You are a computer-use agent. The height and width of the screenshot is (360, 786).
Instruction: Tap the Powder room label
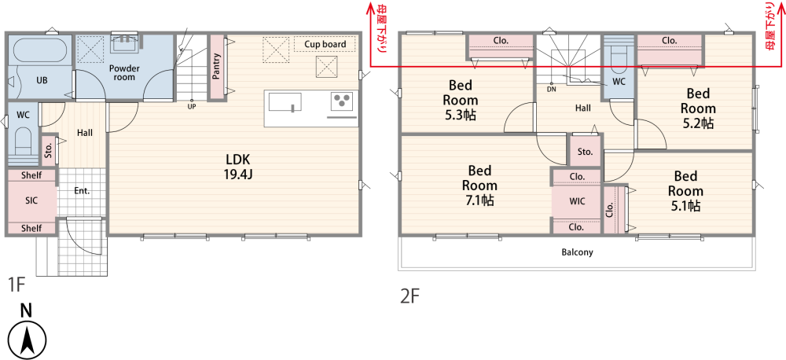point(124,72)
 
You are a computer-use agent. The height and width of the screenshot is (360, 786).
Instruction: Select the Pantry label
point(217,67)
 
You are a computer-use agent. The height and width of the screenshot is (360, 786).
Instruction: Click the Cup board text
point(325,44)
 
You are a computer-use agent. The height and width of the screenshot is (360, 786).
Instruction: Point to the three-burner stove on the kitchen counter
point(343,101)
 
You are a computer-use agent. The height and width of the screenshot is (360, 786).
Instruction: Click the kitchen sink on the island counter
point(285,101)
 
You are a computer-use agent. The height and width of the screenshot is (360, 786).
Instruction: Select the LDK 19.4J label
point(237,167)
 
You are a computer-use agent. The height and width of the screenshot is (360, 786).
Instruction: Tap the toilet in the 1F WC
point(24,141)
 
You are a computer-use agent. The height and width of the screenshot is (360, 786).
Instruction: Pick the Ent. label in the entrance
point(83,190)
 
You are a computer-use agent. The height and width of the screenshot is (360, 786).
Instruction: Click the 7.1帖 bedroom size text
point(479,200)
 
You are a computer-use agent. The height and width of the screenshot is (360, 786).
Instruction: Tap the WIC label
point(576,200)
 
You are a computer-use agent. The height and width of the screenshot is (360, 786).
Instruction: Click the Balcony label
point(577,252)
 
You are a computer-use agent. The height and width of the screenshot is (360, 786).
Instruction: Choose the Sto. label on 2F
point(585,152)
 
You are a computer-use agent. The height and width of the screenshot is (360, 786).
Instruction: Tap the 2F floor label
point(410,297)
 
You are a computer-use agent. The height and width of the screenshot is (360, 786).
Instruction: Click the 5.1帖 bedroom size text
point(685,206)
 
